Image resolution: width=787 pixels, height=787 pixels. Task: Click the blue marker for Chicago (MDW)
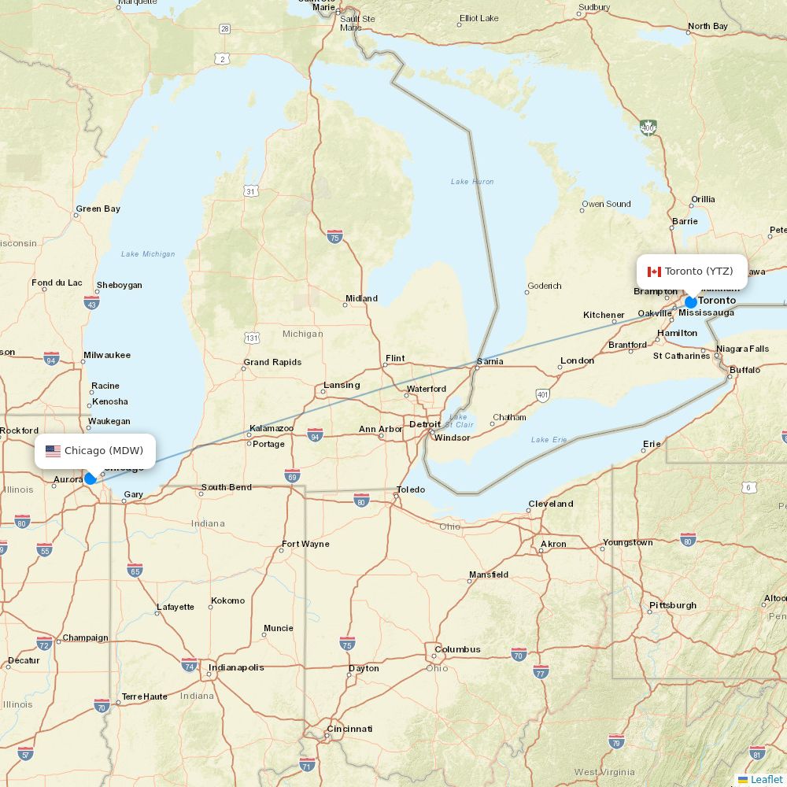(x=91, y=478)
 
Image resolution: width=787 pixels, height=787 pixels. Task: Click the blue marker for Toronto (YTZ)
(x=691, y=302)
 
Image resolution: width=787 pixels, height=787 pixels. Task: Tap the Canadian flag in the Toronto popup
(x=654, y=272)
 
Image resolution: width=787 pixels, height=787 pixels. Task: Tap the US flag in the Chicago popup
(x=53, y=451)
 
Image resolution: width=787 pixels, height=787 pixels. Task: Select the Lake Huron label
(x=472, y=182)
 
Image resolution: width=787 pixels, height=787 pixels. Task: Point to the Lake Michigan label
(x=148, y=253)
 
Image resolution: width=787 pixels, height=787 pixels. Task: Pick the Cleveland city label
(x=551, y=504)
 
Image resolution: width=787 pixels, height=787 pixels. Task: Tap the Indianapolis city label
(x=236, y=667)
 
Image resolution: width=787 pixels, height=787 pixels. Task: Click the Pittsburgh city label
(x=673, y=605)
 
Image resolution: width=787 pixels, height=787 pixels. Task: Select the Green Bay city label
(x=98, y=209)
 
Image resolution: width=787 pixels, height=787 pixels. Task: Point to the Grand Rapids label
(x=272, y=363)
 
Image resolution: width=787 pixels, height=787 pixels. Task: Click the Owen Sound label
(x=607, y=204)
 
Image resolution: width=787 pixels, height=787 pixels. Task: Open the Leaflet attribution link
(x=766, y=779)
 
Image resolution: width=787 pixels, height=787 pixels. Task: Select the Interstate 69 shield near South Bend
(x=292, y=475)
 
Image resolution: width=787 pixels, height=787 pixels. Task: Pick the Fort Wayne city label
(x=305, y=544)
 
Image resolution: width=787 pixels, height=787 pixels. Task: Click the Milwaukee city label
(x=107, y=355)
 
